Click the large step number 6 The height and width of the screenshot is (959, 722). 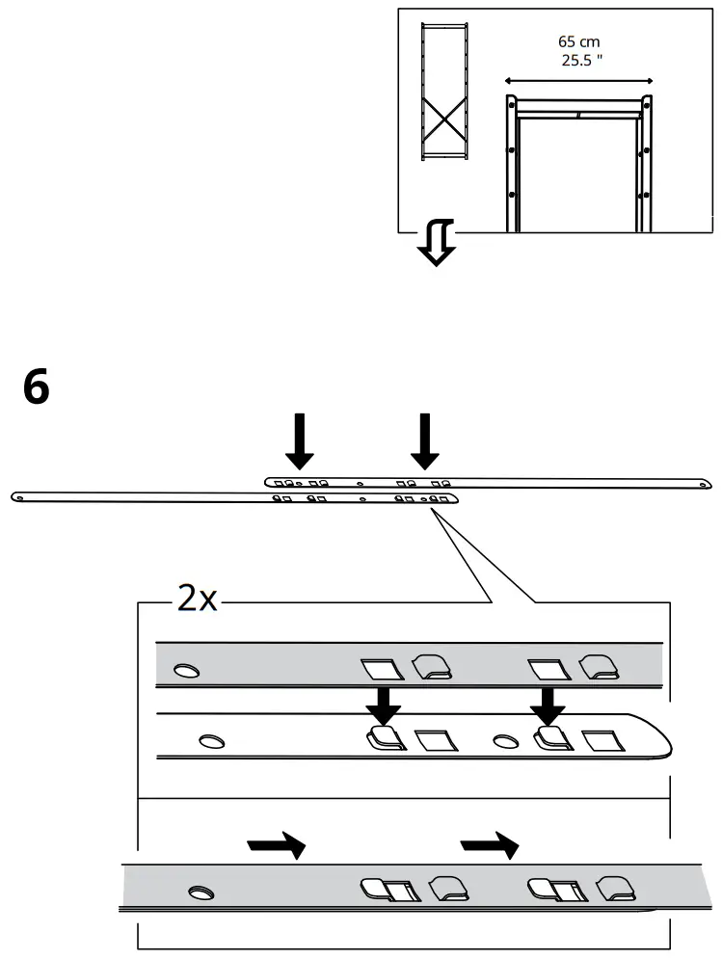coord(36,388)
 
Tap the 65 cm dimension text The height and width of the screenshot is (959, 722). coord(578,41)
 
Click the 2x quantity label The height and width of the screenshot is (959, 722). coord(197,599)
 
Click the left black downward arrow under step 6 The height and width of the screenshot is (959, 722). coord(299,440)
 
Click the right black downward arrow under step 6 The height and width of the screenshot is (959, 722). coord(423,440)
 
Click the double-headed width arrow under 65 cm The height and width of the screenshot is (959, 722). coord(578,81)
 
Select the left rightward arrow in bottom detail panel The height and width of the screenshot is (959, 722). coord(277,846)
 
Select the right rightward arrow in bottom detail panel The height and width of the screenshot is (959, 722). coord(490,846)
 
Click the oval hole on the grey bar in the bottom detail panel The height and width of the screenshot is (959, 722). coord(201,892)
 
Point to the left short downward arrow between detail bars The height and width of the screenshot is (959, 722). coord(383,706)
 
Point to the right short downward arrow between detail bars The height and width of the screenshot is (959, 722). coord(548,706)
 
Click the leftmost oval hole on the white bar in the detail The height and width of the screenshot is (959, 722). coord(211,741)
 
